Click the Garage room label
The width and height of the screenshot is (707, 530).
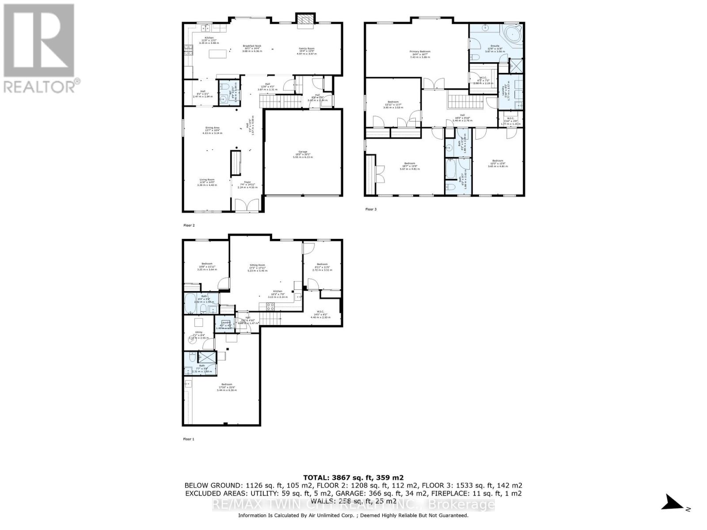click(x=303, y=154)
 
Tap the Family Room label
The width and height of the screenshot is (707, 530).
click(x=307, y=49)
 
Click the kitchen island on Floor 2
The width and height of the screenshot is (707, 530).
click(x=219, y=54)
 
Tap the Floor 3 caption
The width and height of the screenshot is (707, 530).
click(x=371, y=209)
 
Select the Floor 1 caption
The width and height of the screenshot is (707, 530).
click(x=189, y=439)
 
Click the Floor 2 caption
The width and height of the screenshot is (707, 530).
click(x=189, y=225)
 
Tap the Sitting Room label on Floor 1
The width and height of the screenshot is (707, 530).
click(x=258, y=268)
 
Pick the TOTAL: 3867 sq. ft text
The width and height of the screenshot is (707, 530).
click(x=353, y=477)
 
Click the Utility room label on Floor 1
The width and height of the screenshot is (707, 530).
click(x=198, y=334)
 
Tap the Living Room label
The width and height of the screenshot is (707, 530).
click(x=207, y=182)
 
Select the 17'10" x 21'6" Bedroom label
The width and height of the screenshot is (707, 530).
click(x=227, y=387)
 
